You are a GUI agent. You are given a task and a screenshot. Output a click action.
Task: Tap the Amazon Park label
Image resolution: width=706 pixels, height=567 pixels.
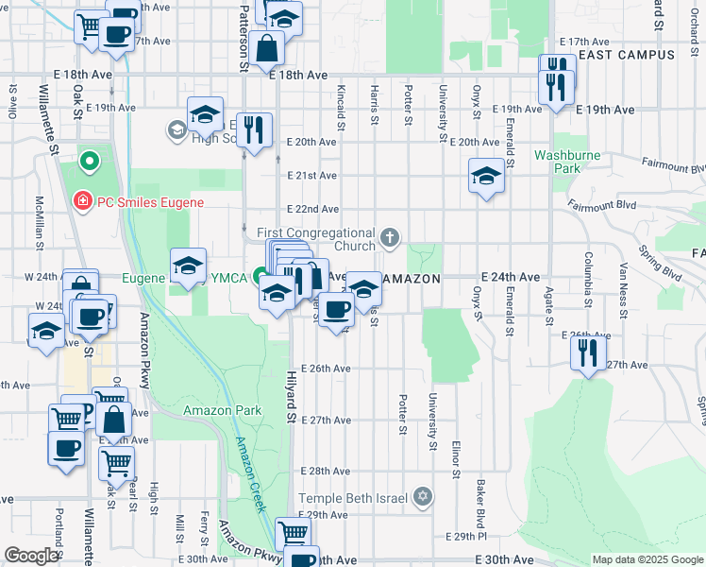click(x=222, y=410)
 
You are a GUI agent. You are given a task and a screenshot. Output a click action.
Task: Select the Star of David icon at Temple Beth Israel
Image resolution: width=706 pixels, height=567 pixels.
click(x=423, y=497)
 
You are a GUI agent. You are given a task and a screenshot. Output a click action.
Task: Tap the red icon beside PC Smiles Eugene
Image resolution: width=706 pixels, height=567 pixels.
click(x=82, y=201)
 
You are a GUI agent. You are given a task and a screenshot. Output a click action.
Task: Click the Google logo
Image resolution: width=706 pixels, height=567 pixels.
click(x=30, y=556)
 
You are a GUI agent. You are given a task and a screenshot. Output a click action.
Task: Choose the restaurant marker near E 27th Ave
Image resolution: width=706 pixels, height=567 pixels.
click(x=588, y=353)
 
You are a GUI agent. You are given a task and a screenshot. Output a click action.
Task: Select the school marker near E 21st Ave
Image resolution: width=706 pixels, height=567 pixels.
click(x=486, y=175)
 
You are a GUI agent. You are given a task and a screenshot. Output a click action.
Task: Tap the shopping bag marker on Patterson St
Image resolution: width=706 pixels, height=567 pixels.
click(x=268, y=47)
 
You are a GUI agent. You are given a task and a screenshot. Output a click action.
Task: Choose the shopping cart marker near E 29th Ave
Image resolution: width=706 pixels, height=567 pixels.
click(x=294, y=533)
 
